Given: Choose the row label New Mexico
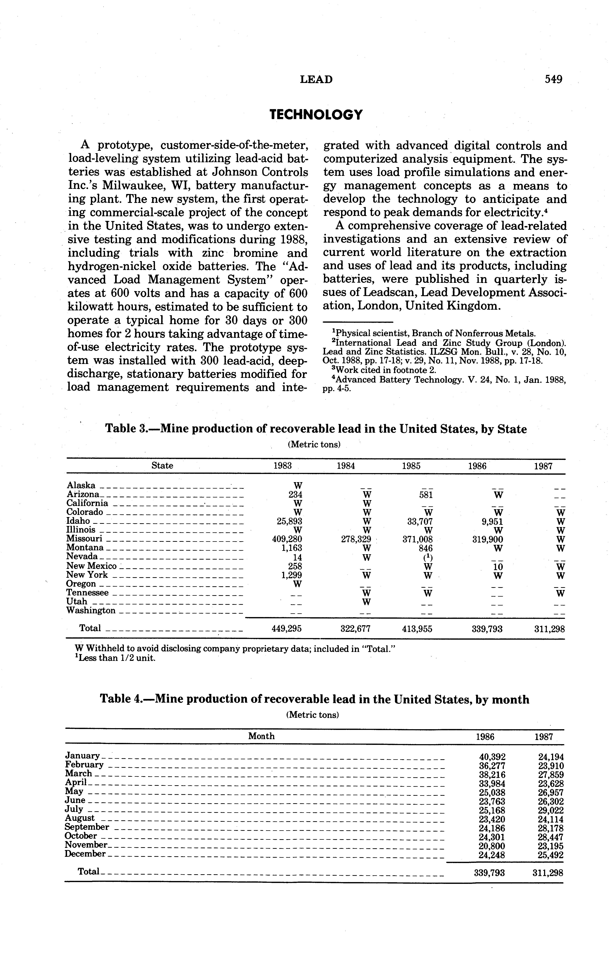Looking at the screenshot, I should click(91, 566).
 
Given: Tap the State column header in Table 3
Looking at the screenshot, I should click(162, 466).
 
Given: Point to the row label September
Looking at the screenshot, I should click(87, 827).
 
